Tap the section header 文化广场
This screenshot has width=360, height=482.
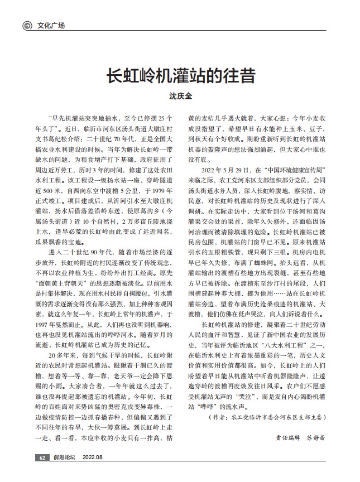pos(51,26)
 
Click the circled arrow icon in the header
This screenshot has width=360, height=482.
pos(26,26)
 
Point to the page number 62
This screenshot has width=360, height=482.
pos(42,457)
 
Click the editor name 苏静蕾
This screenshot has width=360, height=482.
pos(314,437)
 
